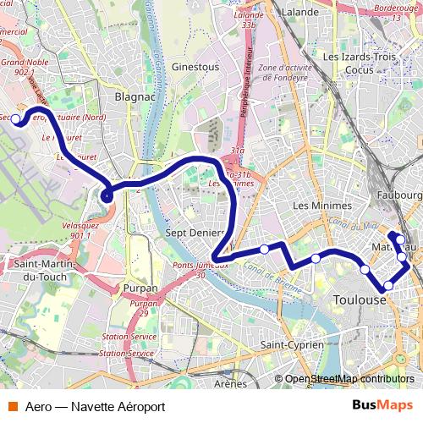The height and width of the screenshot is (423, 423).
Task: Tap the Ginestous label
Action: point(195,66)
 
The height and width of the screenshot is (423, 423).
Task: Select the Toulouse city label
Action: point(360,300)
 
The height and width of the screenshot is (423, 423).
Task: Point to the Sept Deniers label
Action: point(195,233)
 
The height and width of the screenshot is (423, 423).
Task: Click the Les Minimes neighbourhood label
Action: point(321,206)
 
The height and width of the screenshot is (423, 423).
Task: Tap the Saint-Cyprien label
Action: point(292,345)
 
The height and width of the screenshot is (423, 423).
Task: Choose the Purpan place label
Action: point(140,288)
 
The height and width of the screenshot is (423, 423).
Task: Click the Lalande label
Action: point(300,13)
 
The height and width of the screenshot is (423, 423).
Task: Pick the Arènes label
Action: point(229,383)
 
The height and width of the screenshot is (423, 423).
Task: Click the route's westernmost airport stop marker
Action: point(16,118)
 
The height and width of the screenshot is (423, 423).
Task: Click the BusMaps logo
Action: point(383,405)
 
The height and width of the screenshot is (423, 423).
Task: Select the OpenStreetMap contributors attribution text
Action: point(349,379)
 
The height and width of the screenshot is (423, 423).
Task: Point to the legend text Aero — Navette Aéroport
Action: point(95,406)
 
